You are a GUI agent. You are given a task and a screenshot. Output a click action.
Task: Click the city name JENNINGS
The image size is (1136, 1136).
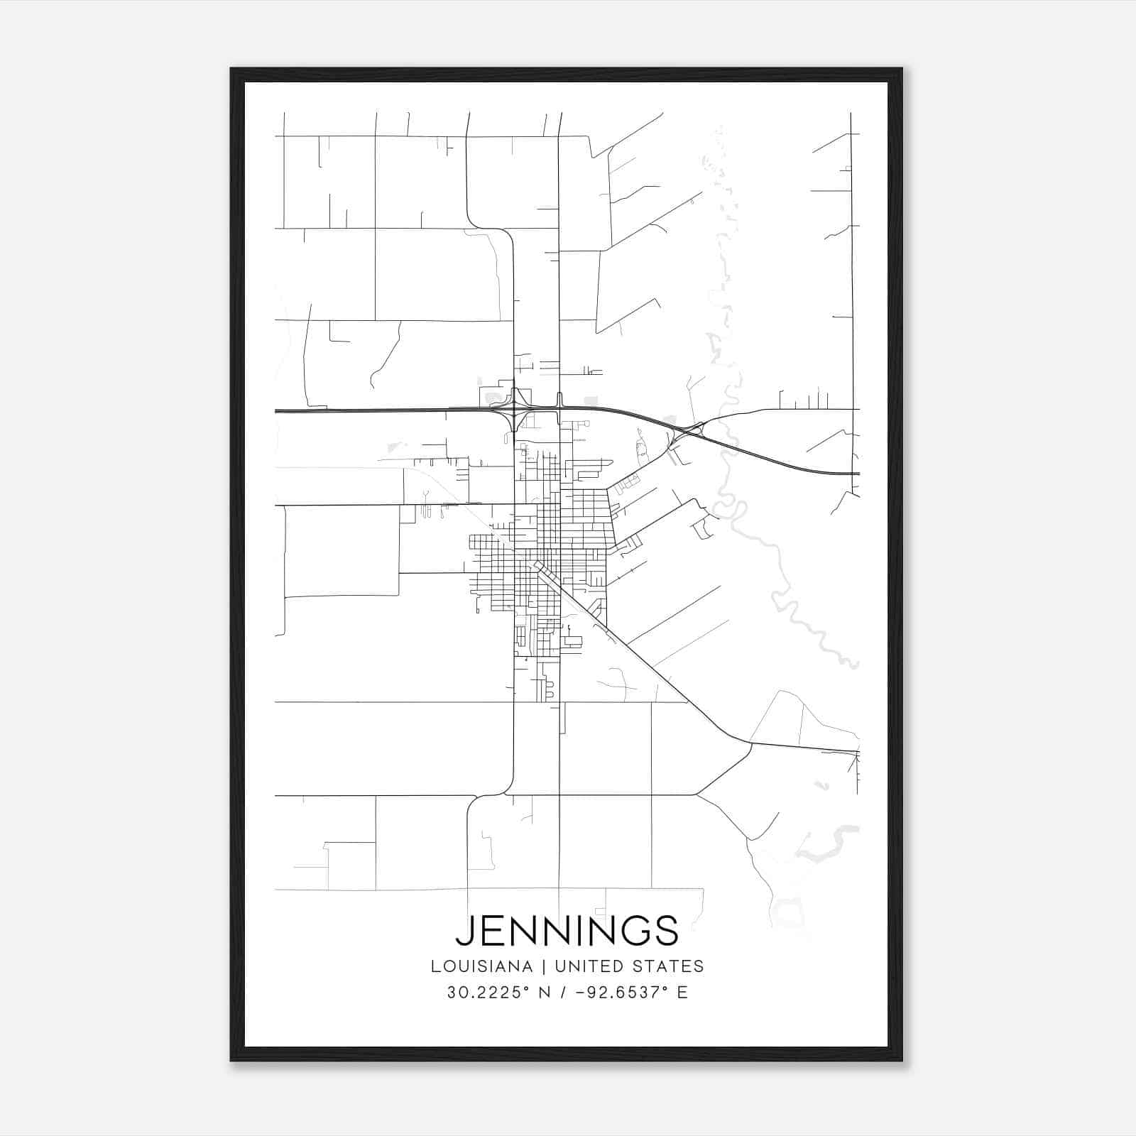click(567, 930)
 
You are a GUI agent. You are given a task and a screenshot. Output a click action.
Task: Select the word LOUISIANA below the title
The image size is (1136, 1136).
click(481, 966)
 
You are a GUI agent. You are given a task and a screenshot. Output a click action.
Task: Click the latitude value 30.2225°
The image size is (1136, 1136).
click(488, 993)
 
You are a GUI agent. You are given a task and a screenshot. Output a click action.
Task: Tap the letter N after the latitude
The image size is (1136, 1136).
click(545, 993)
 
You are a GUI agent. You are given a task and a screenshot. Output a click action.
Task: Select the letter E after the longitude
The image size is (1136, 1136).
click(682, 993)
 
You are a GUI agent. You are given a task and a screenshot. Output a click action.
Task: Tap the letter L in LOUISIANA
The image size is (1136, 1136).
click(434, 966)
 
